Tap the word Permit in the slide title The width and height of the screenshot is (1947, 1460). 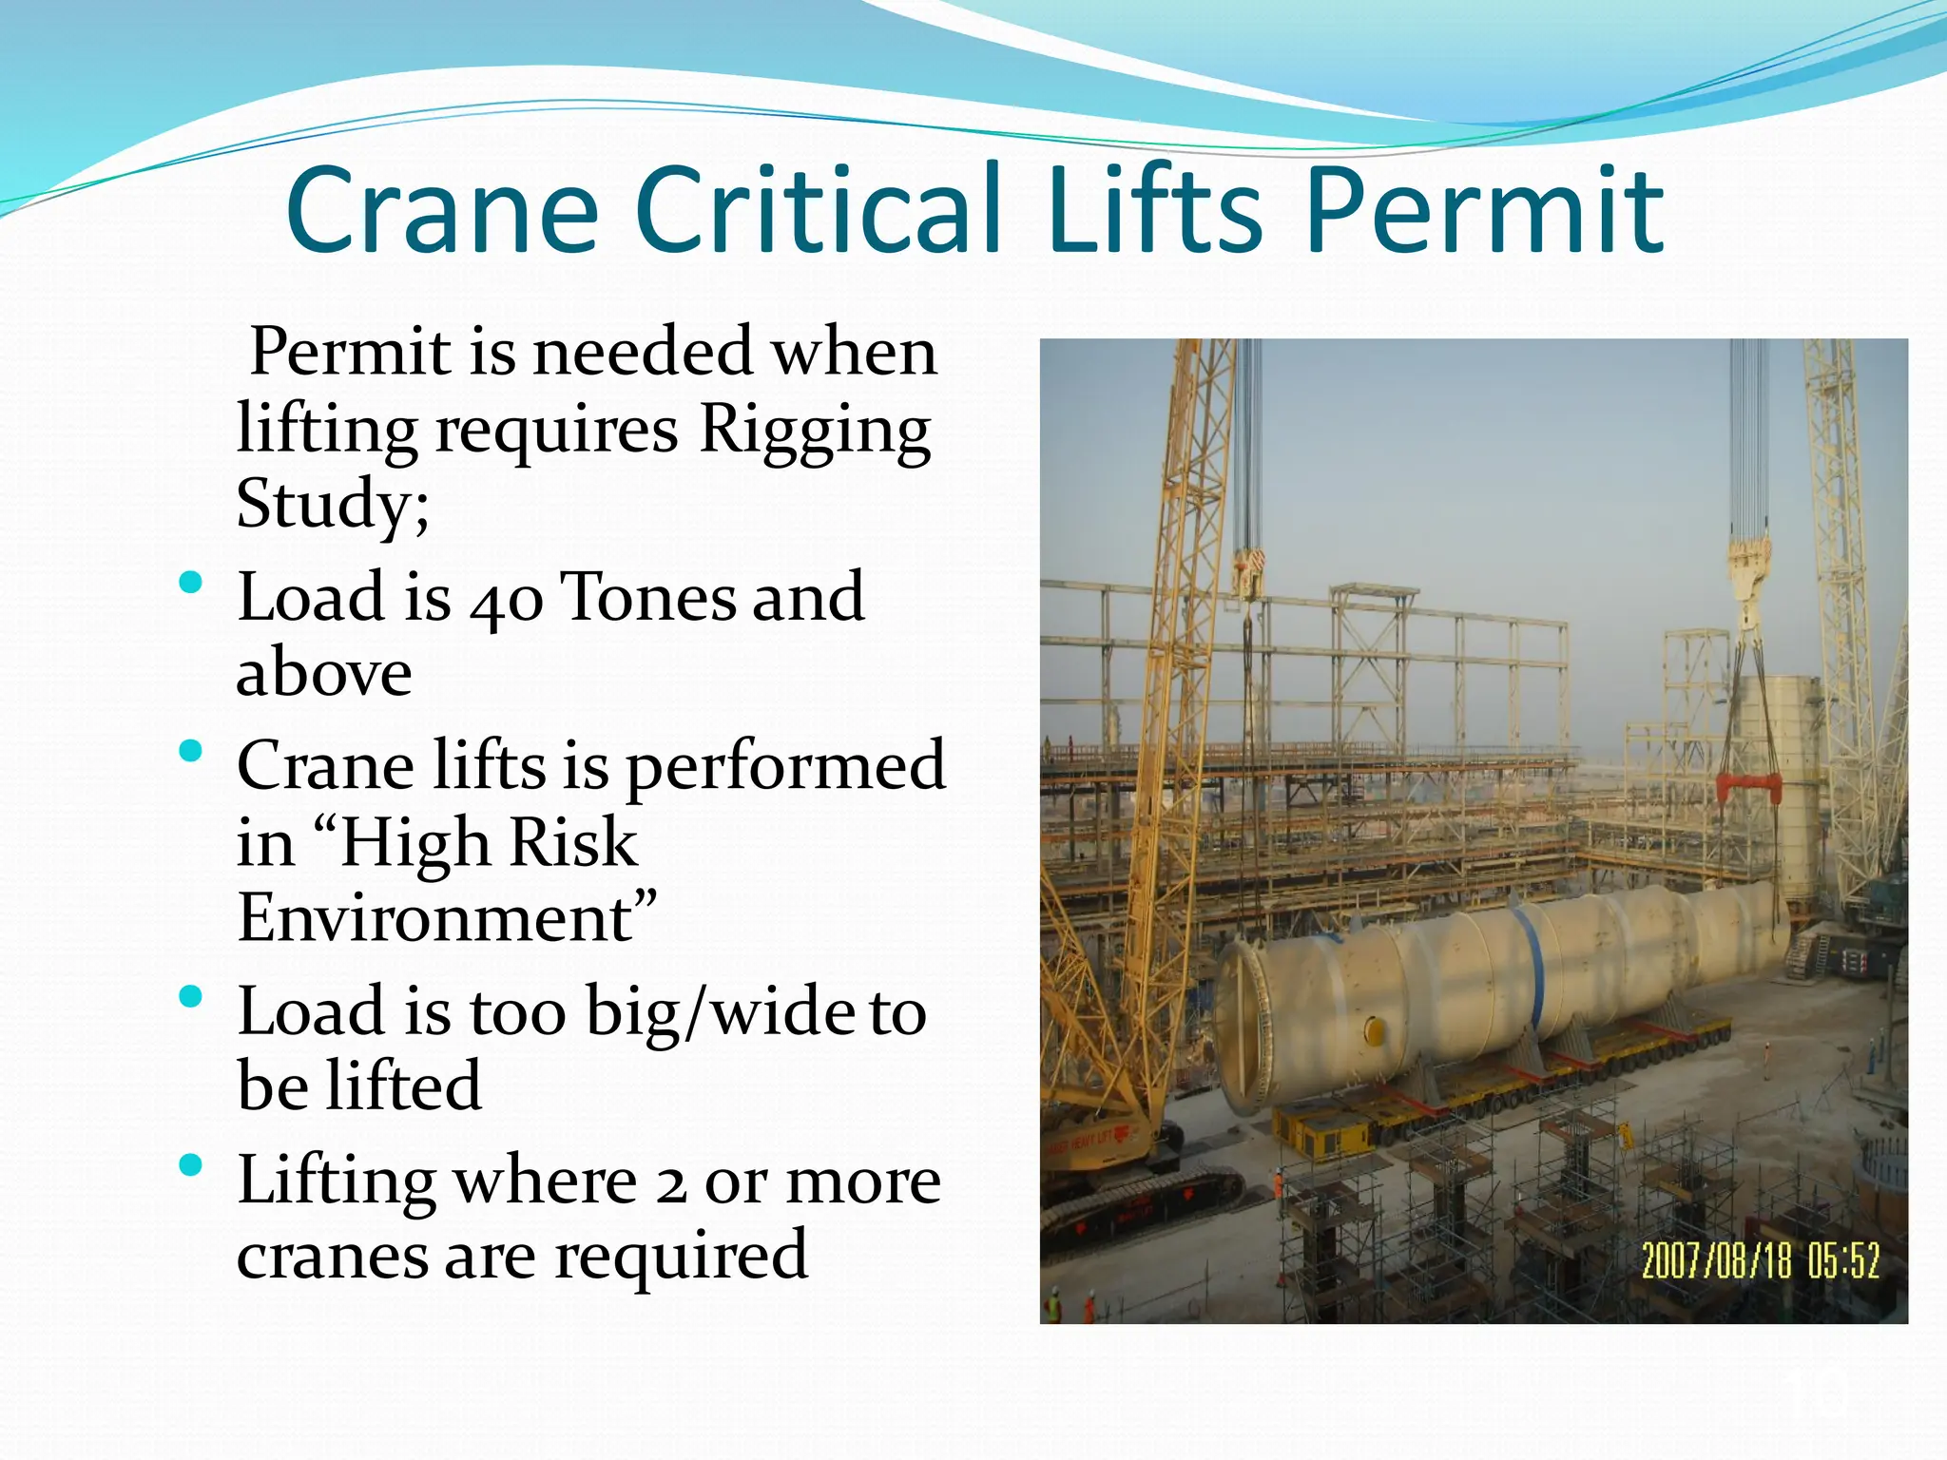tap(1485, 211)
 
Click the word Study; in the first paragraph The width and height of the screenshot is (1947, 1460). tap(333, 504)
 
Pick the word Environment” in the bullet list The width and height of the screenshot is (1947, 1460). tap(447, 918)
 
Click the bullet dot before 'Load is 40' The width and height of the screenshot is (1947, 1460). tap(190, 582)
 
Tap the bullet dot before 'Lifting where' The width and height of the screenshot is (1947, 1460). tap(190, 1165)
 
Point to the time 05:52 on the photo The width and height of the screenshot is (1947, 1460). tap(1843, 1261)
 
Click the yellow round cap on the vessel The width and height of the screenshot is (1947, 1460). tap(1375, 1030)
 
